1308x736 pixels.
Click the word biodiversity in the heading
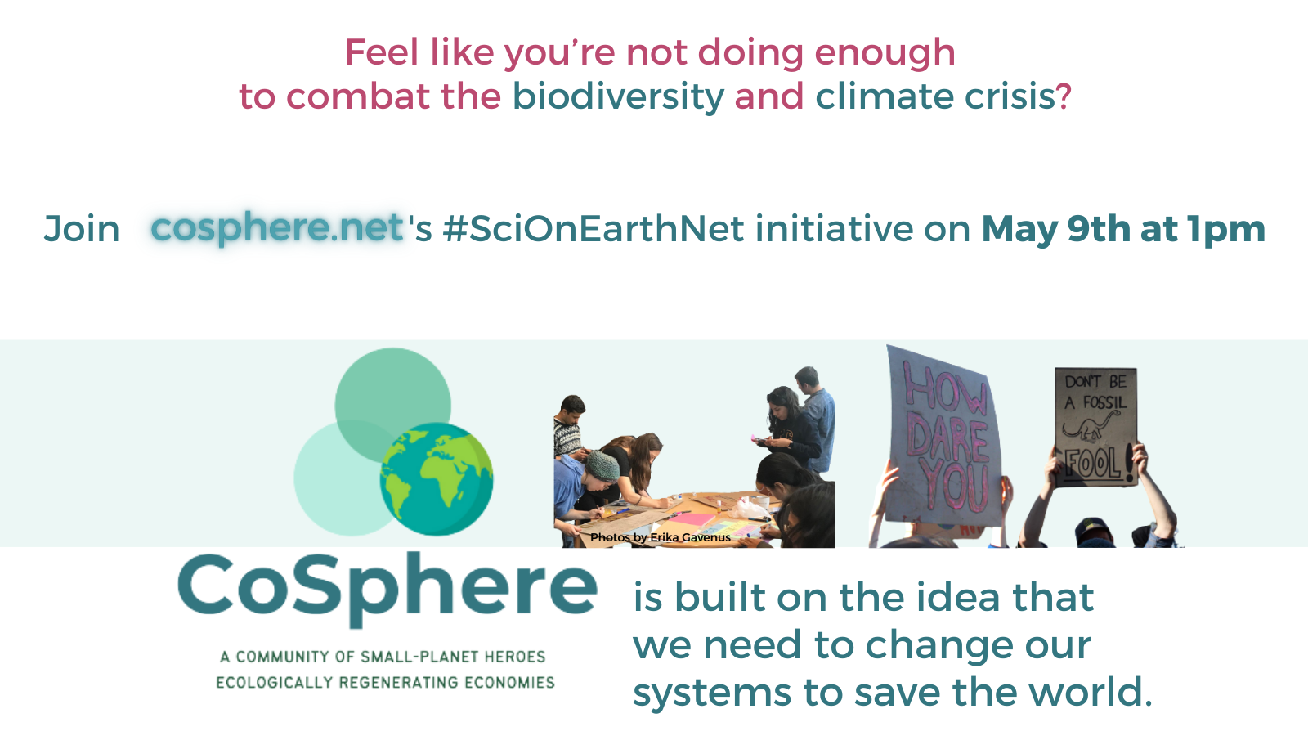click(x=618, y=96)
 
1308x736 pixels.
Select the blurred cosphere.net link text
click(x=277, y=228)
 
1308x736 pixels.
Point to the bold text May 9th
click(x=1055, y=228)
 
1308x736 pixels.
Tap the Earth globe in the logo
click(x=437, y=479)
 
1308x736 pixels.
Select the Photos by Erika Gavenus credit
click(x=661, y=537)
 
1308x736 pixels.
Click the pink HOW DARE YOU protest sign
click(x=944, y=435)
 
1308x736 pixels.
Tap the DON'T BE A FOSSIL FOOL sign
click(x=1095, y=426)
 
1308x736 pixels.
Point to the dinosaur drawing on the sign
click(x=1091, y=426)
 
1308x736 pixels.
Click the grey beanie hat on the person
click(x=602, y=465)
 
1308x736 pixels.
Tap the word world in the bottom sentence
click(x=1091, y=692)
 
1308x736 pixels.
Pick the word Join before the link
click(x=82, y=228)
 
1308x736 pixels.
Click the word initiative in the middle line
click(x=835, y=228)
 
